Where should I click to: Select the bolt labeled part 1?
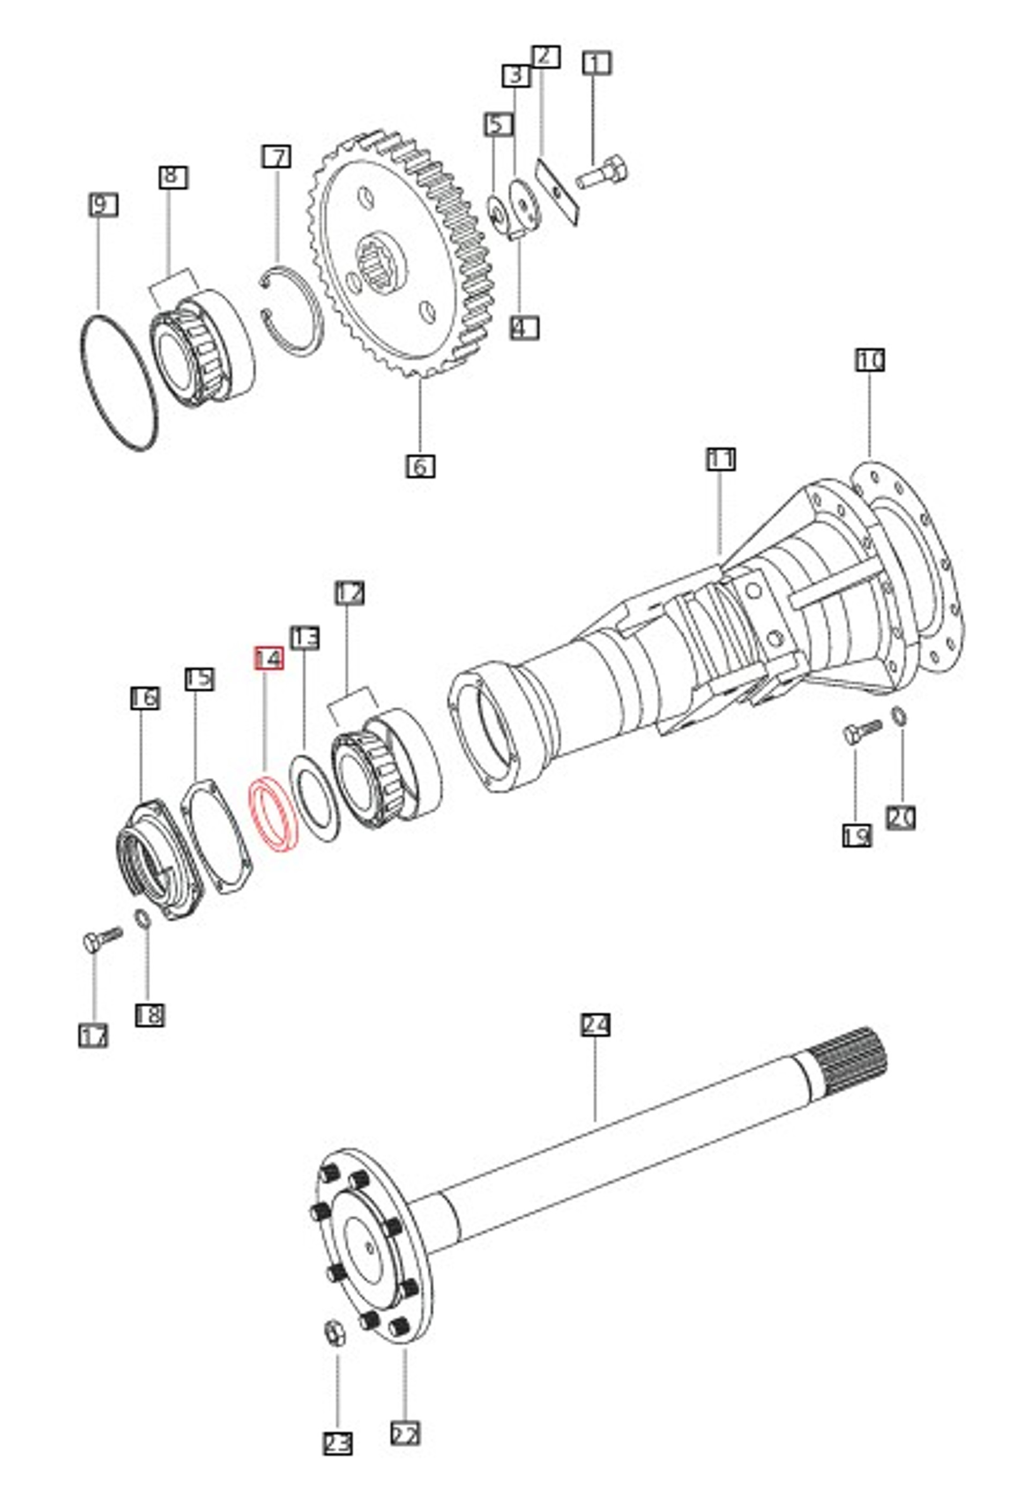[x=602, y=174]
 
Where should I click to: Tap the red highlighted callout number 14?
[x=268, y=658]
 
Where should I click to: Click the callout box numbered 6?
[x=420, y=466]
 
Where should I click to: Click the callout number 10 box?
[x=870, y=360]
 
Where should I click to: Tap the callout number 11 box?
[x=721, y=459]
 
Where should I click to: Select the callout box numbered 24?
[x=595, y=1025]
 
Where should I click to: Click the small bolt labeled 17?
[x=101, y=938]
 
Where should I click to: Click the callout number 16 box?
[x=144, y=698]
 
